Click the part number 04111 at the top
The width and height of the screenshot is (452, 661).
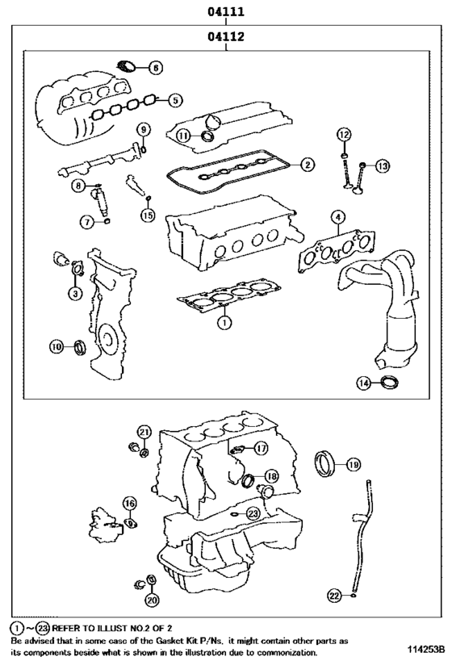click(x=226, y=12)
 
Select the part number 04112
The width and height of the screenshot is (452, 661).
click(x=226, y=37)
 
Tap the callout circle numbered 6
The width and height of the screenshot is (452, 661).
click(x=155, y=68)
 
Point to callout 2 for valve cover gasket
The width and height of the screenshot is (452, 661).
click(x=307, y=165)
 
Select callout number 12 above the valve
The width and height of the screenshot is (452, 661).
click(x=344, y=134)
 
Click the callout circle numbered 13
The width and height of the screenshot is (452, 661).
click(x=381, y=165)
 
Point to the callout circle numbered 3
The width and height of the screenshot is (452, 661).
click(x=74, y=293)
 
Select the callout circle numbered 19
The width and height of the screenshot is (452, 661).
click(x=353, y=463)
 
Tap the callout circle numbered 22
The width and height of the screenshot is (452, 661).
click(x=334, y=595)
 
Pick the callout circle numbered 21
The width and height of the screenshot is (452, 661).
click(x=144, y=432)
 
